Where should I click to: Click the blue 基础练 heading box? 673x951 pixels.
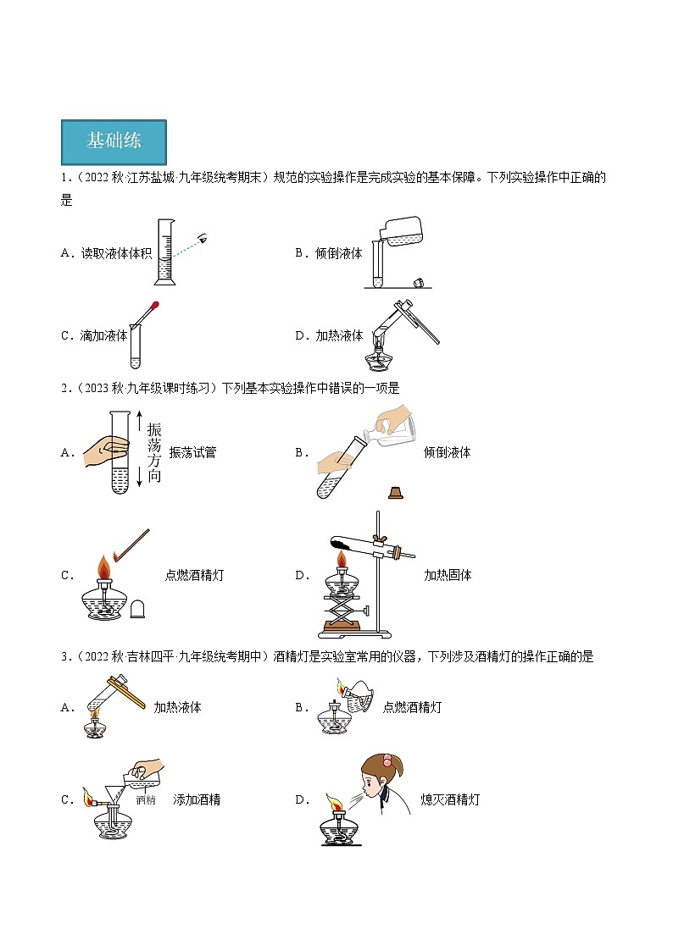click(x=114, y=141)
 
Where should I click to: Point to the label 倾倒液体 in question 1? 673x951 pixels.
click(x=338, y=252)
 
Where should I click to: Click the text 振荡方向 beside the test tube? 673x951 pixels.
click(x=153, y=452)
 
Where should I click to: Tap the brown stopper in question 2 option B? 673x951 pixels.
click(x=394, y=492)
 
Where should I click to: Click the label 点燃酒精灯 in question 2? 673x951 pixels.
click(x=195, y=575)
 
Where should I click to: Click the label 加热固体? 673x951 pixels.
click(x=448, y=575)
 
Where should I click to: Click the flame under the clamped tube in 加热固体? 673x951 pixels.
click(x=343, y=560)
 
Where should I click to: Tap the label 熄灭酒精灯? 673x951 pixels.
click(x=450, y=799)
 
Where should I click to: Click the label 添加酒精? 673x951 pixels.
click(x=197, y=799)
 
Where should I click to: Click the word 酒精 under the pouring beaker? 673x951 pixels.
click(x=146, y=799)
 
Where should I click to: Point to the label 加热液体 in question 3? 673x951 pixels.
click(x=177, y=707)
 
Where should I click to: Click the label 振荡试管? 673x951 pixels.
click(x=192, y=452)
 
